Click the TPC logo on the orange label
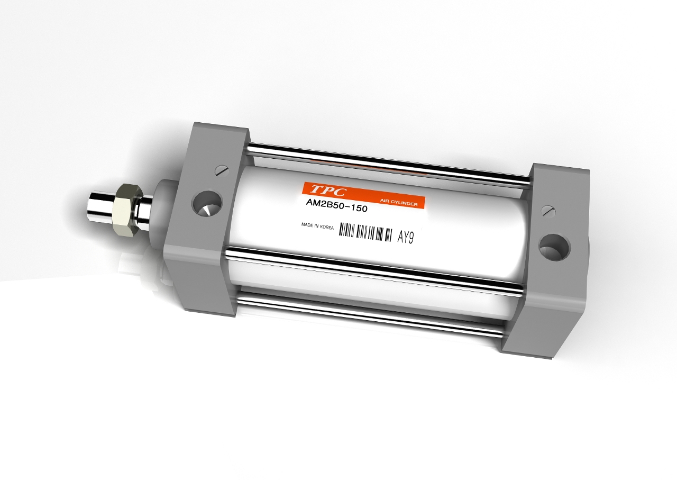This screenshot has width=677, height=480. pyautogui.click(x=328, y=190)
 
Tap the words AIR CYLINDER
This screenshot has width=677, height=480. pyautogui.click(x=399, y=203)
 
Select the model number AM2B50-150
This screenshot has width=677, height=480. pyautogui.click(x=336, y=208)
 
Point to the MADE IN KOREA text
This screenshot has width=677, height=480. pyautogui.click(x=317, y=225)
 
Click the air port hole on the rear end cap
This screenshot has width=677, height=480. pyautogui.click(x=554, y=247)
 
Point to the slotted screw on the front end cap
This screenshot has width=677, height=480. pyautogui.click(x=222, y=170)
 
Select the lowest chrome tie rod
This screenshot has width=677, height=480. pyautogui.click(x=370, y=316)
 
